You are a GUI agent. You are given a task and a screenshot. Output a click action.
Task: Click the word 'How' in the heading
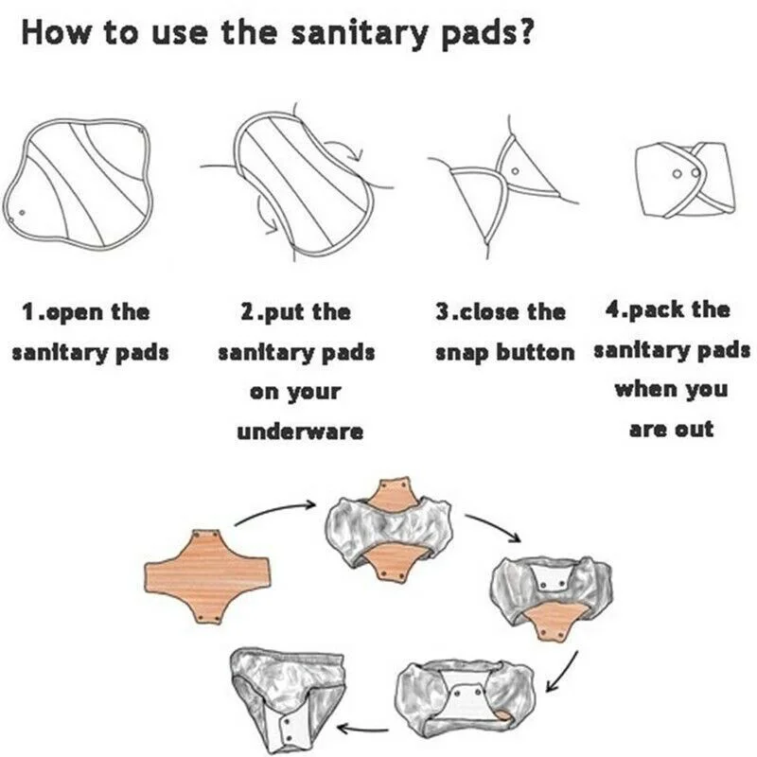55,33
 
